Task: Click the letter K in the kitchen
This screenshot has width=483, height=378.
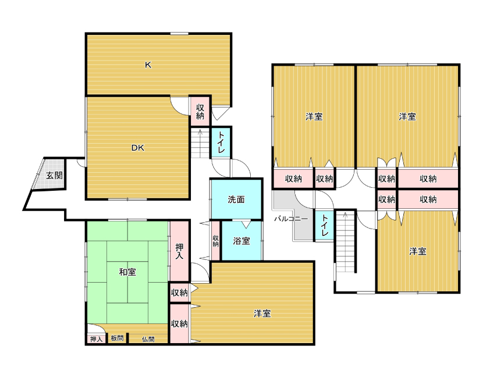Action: [148, 65]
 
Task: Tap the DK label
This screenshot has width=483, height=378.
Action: [138, 148]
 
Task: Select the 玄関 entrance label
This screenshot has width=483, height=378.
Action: [54, 176]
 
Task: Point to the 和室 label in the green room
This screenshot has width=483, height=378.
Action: [127, 272]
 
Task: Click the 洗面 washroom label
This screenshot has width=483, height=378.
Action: [236, 199]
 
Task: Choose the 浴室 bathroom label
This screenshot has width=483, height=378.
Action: [241, 241]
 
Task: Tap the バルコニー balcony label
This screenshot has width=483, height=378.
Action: [291, 219]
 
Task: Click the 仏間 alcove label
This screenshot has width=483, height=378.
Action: [148, 339]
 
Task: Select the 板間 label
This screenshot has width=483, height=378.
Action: [117, 338]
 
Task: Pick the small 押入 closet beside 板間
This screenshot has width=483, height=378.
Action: [96, 339]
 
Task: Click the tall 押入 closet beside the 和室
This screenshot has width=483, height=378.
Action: [180, 251]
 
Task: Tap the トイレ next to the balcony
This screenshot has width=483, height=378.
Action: [324, 225]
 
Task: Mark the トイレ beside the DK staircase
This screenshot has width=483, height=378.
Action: [221, 142]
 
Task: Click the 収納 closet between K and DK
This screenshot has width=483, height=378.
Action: [200, 112]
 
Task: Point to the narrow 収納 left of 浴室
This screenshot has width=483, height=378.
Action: [216, 241]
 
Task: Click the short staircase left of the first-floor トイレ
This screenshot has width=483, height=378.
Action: [200, 143]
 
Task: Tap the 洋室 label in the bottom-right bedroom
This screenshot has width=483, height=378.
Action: [418, 251]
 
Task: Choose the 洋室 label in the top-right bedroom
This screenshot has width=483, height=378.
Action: [407, 117]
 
